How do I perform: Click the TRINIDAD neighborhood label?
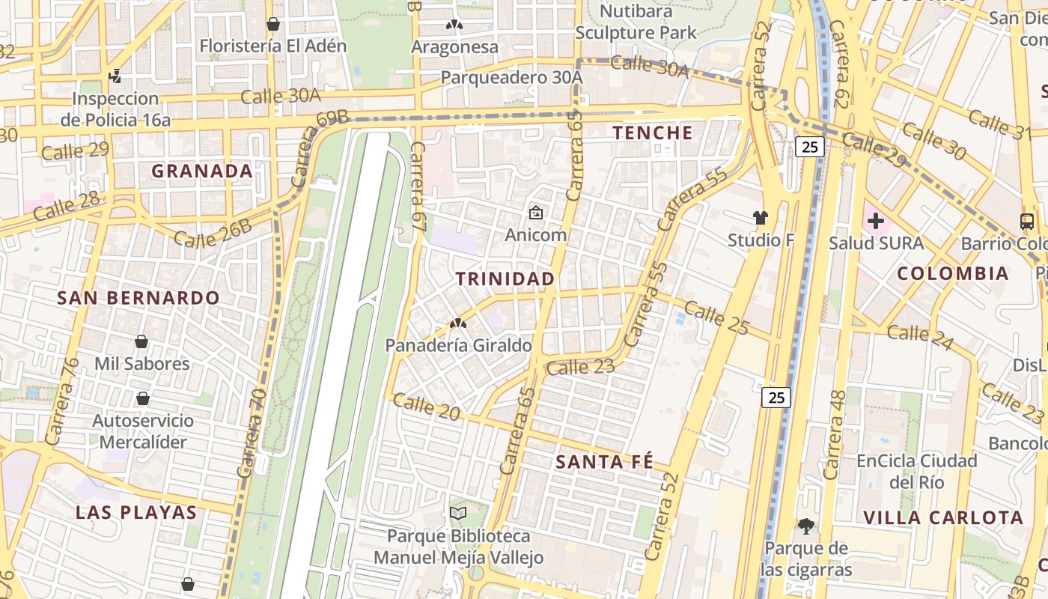(505, 279)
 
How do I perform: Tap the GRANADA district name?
(202, 171)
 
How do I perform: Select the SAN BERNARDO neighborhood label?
(138, 297)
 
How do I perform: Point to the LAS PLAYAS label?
(136, 513)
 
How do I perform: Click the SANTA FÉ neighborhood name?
(604, 462)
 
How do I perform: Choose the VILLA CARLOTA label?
(943, 517)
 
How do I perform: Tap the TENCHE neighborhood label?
(653, 133)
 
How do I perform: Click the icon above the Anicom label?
(536, 213)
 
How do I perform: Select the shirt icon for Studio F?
(761, 218)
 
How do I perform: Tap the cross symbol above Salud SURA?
(875, 221)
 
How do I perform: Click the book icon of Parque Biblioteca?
(458, 514)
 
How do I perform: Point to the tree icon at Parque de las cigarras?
(806, 526)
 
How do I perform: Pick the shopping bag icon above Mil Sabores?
(141, 342)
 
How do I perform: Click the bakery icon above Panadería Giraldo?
(458, 323)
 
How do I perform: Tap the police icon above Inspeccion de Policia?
(115, 76)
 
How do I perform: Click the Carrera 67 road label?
(418, 185)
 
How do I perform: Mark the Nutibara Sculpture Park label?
(636, 22)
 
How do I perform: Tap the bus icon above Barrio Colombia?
(1027, 221)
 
